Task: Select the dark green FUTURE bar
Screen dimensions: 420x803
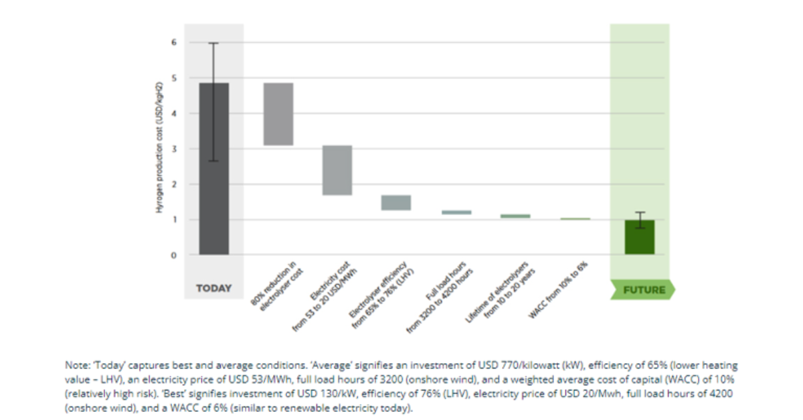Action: [x=639, y=238]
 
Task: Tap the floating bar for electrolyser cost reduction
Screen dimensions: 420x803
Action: [x=278, y=114]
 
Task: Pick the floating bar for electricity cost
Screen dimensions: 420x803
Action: [x=337, y=170]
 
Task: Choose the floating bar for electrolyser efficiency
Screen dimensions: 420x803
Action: [x=396, y=202]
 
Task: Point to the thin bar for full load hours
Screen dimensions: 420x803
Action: [x=456, y=212]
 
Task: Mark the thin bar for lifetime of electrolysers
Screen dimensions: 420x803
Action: [x=515, y=216]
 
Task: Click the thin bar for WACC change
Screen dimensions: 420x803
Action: [x=575, y=218]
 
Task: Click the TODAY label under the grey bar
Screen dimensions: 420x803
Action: [x=213, y=289]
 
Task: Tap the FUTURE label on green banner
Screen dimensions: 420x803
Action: [x=644, y=290]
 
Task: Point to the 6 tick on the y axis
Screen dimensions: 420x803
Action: [x=174, y=42]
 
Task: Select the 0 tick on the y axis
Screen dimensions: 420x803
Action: [x=174, y=255]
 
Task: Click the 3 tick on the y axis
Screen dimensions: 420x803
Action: [x=174, y=149]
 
